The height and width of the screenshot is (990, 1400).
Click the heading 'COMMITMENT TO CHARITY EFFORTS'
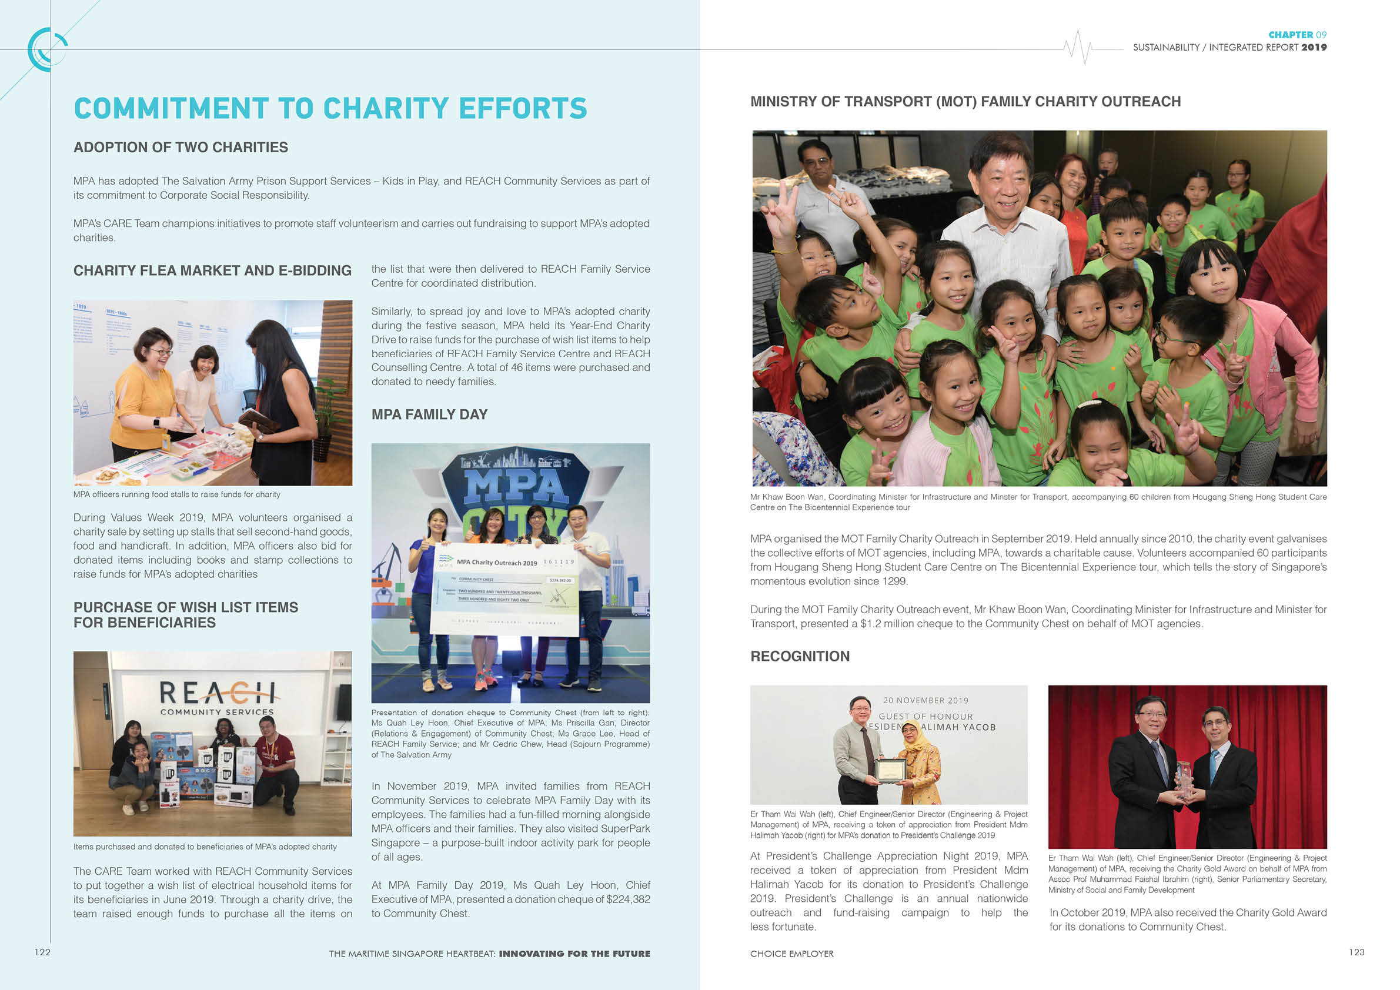click(x=330, y=109)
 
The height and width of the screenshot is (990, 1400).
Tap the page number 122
click(x=42, y=952)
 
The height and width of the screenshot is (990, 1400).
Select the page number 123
click(x=1356, y=952)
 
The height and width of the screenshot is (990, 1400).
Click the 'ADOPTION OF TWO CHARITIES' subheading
click(x=181, y=148)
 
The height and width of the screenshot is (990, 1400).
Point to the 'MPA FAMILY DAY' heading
click(x=429, y=414)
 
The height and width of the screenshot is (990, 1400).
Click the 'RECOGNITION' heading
click(x=800, y=657)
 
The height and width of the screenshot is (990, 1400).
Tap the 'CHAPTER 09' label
click(x=1297, y=35)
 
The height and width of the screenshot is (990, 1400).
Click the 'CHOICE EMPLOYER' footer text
click(x=791, y=954)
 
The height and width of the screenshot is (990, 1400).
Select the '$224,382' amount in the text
click(x=627, y=899)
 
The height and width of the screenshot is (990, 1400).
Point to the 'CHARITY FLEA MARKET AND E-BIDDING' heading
click(x=212, y=270)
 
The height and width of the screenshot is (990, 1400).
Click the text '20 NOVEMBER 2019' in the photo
click(x=925, y=700)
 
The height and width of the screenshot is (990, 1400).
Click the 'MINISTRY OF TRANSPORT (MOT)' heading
click(x=965, y=102)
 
